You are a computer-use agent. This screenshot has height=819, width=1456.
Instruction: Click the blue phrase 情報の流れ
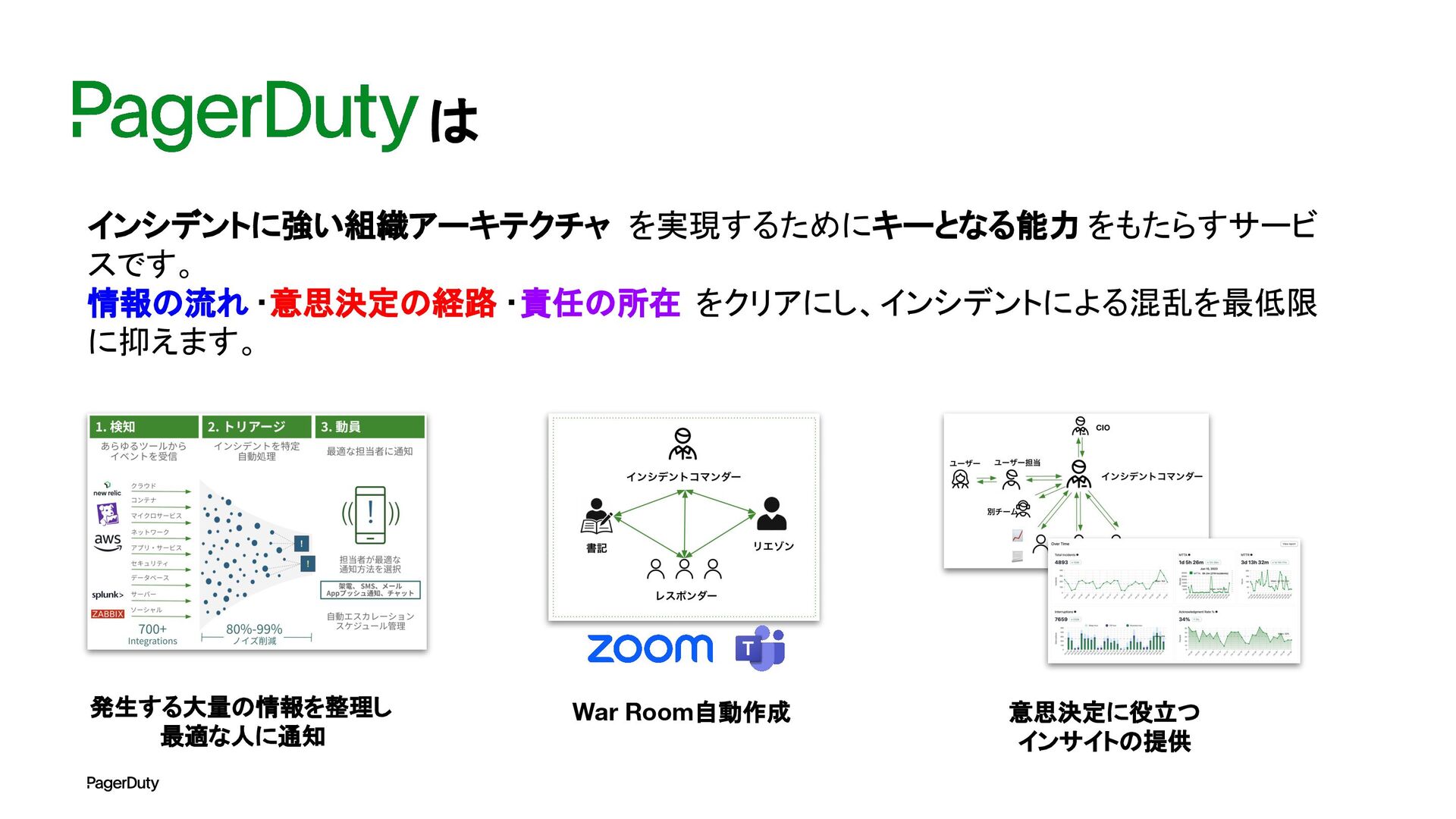pyautogui.click(x=168, y=303)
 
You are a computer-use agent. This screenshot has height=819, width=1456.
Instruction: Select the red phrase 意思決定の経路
pyautogui.click(x=383, y=303)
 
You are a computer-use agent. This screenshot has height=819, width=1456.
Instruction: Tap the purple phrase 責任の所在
pyautogui.click(x=600, y=303)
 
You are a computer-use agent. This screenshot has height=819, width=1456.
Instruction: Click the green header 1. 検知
pyautogui.click(x=143, y=427)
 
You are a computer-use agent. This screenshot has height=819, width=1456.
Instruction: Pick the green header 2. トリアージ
pyautogui.click(x=255, y=427)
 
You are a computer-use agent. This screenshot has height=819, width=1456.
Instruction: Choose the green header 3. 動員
pyautogui.click(x=369, y=427)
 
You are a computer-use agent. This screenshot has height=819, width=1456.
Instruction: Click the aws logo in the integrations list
pyautogui.click(x=108, y=541)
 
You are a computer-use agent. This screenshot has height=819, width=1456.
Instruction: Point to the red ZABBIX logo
pyautogui.click(x=108, y=614)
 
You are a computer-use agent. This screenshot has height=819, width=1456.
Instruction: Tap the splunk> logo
pyautogui.click(x=108, y=595)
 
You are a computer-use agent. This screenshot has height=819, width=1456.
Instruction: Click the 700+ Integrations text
pyautogui.click(x=152, y=634)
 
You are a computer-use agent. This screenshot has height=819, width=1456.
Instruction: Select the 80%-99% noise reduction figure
pyautogui.click(x=254, y=630)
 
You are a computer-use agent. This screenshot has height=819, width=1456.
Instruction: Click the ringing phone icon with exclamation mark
pyautogui.click(x=370, y=514)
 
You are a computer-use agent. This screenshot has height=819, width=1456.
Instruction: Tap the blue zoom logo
pyautogui.click(x=650, y=648)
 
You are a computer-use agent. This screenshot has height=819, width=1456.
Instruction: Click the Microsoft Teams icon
pyautogui.click(x=760, y=648)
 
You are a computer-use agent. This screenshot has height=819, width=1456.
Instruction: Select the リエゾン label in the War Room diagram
pyautogui.click(x=773, y=546)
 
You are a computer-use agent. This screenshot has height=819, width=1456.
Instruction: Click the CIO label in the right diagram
pyautogui.click(x=1103, y=428)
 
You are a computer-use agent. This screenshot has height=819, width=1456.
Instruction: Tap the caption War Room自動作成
pyautogui.click(x=681, y=712)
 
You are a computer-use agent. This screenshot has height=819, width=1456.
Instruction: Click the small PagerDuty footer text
pyautogui.click(x=123, y=783)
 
